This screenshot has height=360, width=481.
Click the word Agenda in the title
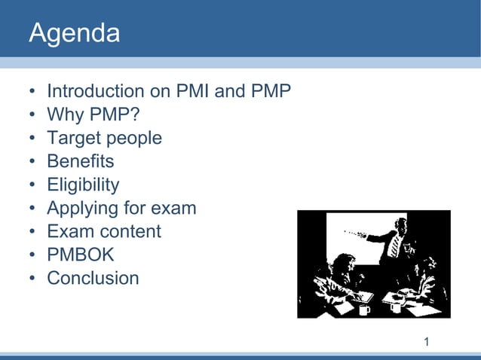pyautogui.click(x=74, y=34)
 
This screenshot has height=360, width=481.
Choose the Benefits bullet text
pyautogui.click(x=80, y=161)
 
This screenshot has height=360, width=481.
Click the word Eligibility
pyautogui.click(x=83, y=185)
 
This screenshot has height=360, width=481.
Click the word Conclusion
pyautogui.click(x=93, y=278)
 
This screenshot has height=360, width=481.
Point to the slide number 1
pyautogui.click(x=427, y=343)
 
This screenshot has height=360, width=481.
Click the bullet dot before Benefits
pyautogui.click(x=32, y=162)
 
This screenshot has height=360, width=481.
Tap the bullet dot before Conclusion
pyautogui.click(x=32, y=279)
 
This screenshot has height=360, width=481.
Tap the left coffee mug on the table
pyautogui.click(x=365, y=308)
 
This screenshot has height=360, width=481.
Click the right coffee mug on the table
pyautogui.click(x=394, y=306)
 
